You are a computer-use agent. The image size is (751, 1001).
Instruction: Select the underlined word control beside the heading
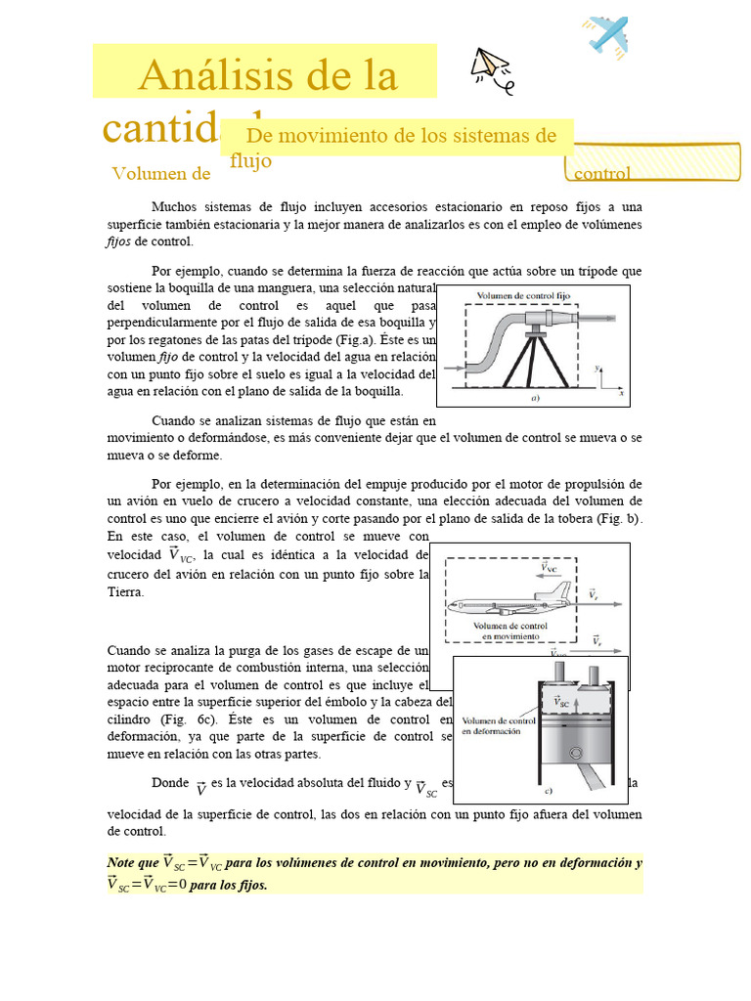click(602, 174)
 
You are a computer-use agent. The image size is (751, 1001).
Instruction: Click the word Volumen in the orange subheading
click(149, 174)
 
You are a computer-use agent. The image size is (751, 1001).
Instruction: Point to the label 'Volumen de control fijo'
click(523, 295)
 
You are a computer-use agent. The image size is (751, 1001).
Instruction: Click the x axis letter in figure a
click(621, 393)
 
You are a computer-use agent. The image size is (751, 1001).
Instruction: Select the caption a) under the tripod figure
click(535, 399)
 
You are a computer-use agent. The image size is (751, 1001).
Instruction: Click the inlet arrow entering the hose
click(453, 369)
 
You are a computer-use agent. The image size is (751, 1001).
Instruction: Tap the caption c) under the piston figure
click(549, 790)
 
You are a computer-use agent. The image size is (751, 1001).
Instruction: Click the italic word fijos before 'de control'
click(118, 241)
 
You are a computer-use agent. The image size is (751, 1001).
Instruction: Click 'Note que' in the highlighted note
click(132, 863)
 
